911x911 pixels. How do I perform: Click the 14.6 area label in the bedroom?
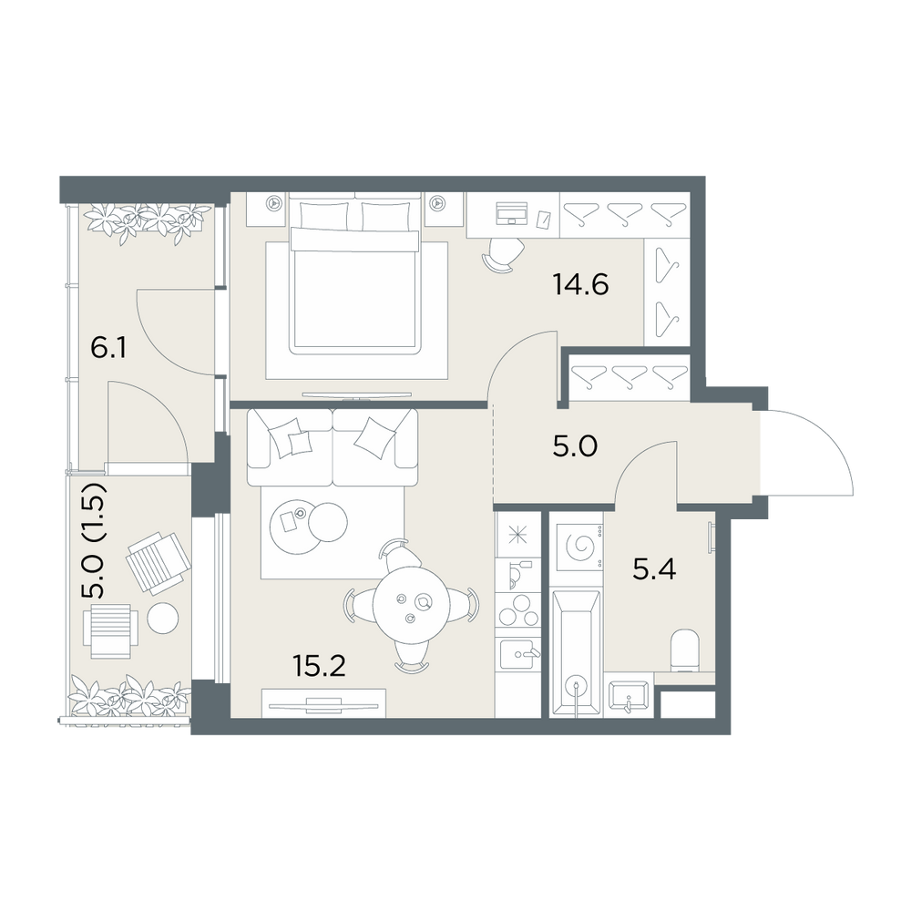pyautogui.click(x=580, y=284)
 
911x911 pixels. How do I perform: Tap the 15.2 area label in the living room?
pyautogui.click(x=319, y=666)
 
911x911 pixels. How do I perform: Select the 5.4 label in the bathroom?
pyautogui.click(x=654, y=569)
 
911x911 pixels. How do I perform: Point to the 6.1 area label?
pyautogui.click(x=108, y=349)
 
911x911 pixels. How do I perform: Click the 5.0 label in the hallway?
pyautogui.click(x=575, y=446)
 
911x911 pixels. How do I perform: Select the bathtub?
pyautogui.click(x=575, y=653)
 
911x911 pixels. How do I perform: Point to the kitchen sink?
pyautogui.click(x=519, y=655)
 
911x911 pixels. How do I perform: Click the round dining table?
pyautogui.click(x=412, y=609)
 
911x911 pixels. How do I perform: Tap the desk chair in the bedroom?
pyautogui.click(x=504, y=254)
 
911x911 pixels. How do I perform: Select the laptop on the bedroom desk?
pyautogui.click(x=512, y=213)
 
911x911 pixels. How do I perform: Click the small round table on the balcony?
pyautogui.click(x=163, y=619)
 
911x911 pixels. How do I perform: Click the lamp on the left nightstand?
pyautogui.click(x=272, y=203)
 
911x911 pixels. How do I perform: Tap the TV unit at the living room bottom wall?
pyautogui.click(x=323, y=703)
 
